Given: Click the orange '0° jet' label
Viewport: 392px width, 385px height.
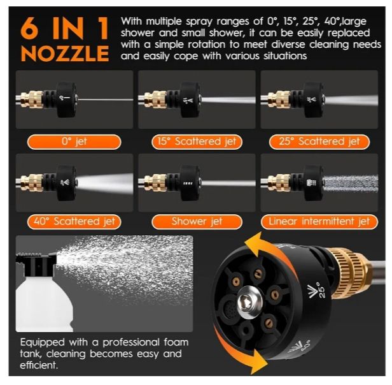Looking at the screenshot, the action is (74, 142).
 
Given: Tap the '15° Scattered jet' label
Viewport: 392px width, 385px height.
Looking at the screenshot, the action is (197, 142).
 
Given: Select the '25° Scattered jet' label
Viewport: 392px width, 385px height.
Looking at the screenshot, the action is (319, 142).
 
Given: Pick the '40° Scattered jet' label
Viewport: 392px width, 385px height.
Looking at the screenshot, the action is (74, 222).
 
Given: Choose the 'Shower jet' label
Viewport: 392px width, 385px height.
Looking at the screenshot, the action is (197, 222).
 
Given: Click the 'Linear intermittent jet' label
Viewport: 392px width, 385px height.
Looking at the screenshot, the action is (319, 222).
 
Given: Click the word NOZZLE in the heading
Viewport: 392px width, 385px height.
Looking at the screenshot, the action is (65, 54).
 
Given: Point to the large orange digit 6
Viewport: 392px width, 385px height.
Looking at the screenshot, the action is (30, 28).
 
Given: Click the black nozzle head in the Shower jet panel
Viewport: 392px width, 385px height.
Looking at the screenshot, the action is (190, 183).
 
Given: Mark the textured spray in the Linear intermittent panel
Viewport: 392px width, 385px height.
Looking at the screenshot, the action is (350, 184).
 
